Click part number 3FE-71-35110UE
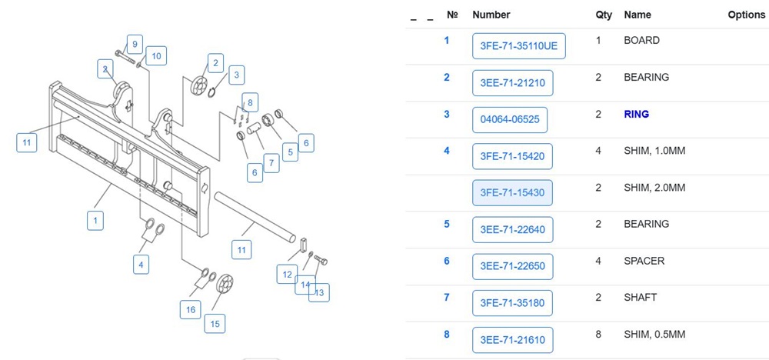click(x=518, y=46)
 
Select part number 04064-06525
click(x=509, y=119)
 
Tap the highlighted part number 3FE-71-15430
click(x=511, y=193)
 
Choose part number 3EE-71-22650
click(x=511, y=266)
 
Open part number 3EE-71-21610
click(x=512, y=340)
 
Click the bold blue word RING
click(x=636, y=114)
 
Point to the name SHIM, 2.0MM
click(x=654, y=188)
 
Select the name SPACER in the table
click(x=644, y=261)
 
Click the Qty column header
click(x=604, y=15)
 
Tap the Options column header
click(x=746, y=15)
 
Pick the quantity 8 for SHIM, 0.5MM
click(x=598, y=335)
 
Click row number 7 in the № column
click(x=447, y=298)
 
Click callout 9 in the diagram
click(x=134, y=44)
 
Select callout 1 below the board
click(x=95, y=221)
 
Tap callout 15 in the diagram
click(x=215, y=323)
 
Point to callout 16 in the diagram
click(x=190, y=309)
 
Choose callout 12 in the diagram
click(x=287, y=274)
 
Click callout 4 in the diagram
click(x=140, y=265)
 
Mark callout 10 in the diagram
click(x=156, y=55)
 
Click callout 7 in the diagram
click(x=271, y=163)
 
